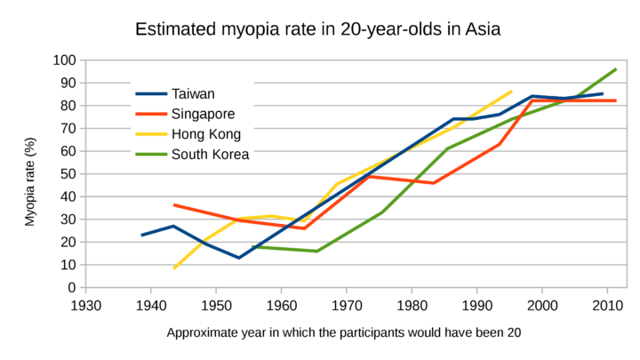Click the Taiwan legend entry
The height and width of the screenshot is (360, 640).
pyautogui.click(x=194, y=93)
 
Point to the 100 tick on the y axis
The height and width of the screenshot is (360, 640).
pyautogui.click(x=64, y=60)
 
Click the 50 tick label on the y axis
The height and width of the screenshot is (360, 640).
pyautogui.click(x=68, y=174)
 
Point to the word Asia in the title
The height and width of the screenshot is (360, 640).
pyautogui.click(x=481, y=28)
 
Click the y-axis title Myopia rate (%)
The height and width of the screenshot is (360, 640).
pyautogui.click(x=30, y=181)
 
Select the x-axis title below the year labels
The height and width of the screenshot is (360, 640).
pyautogui.click(x=342, y=333)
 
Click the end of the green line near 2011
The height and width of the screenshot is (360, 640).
pyautogui.click(x=615, y=69)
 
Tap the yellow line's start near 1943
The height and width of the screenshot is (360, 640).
pyautogui.click(x=174, y=268)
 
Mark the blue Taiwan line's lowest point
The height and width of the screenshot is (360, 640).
pyautogui.click(x=238, y=258)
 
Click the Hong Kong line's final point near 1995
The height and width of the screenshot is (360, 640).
pyautogui.click(x=511, y=92)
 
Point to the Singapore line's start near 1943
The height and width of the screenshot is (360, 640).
pyautogui.click(x=174, y=205)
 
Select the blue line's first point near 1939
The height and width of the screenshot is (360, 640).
pyautogui.click(x=142, y=236)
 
